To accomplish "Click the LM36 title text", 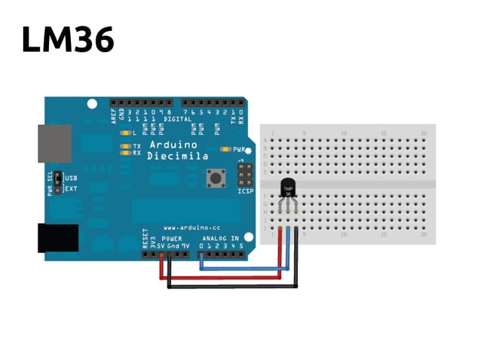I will click(68, 39).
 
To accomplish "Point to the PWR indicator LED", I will click(225, 149).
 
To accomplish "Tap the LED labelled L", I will click(125, 133).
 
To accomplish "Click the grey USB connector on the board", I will click(54, 143).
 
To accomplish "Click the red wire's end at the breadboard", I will click(281, 228).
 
